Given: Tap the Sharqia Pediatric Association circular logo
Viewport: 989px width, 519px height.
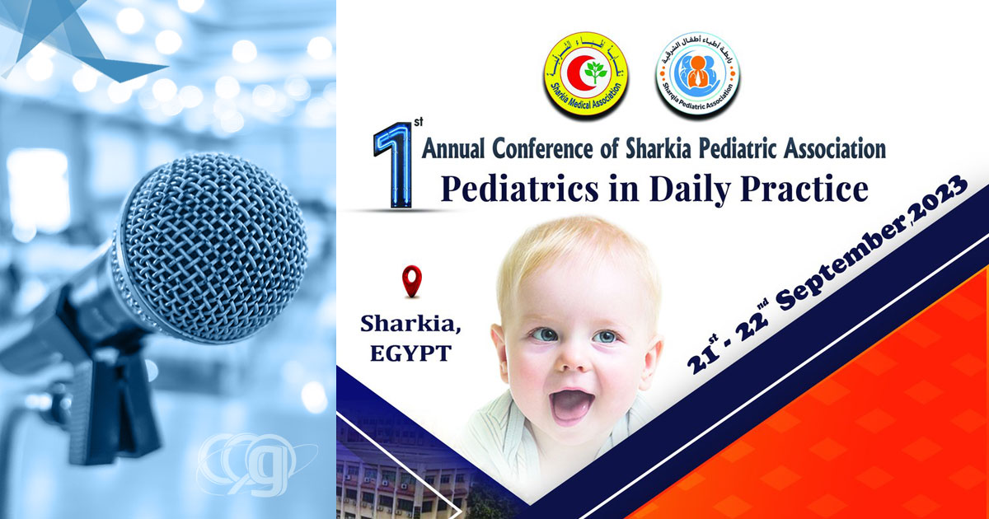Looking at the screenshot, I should pyautogui.click(x=698, y=75).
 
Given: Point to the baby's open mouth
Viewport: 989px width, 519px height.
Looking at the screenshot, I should pyautogui.click(x=570, y=404).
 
